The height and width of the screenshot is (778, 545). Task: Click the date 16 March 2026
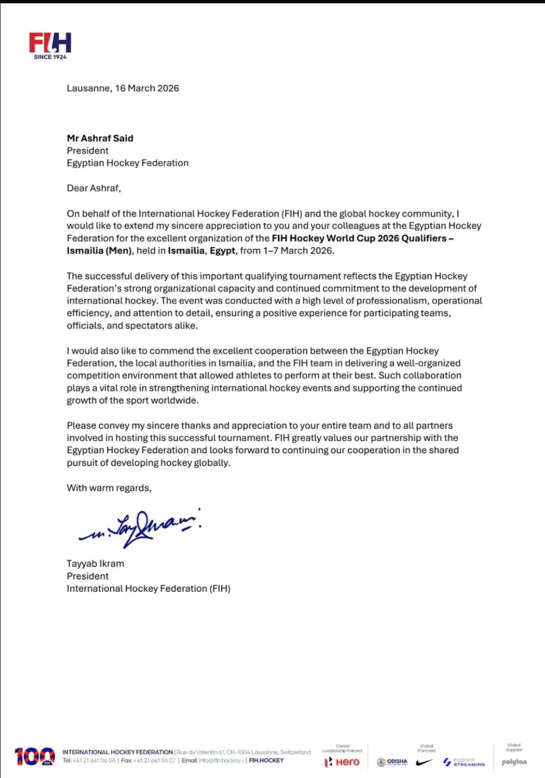(147, 88)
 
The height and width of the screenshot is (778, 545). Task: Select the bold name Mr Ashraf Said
(100, 138)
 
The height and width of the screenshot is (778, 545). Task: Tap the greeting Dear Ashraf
(94, 188)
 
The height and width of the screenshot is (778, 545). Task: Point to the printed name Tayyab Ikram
(95, 563)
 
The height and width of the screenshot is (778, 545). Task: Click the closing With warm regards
(109, 488)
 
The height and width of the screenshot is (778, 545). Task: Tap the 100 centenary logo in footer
(34, 757)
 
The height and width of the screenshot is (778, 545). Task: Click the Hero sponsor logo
(342, 762)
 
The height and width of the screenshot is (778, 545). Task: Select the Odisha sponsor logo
(392, 762)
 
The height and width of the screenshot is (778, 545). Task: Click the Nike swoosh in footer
(424, 762)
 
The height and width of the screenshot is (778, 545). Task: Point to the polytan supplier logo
(514, 762)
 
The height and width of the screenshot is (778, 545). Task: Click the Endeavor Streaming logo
(464, 762)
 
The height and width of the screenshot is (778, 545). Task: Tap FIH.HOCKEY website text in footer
(266, 760)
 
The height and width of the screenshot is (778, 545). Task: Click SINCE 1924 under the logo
(50, 57)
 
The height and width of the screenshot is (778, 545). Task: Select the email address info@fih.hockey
(220, 760)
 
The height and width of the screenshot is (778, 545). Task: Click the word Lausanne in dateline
(88, 88)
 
